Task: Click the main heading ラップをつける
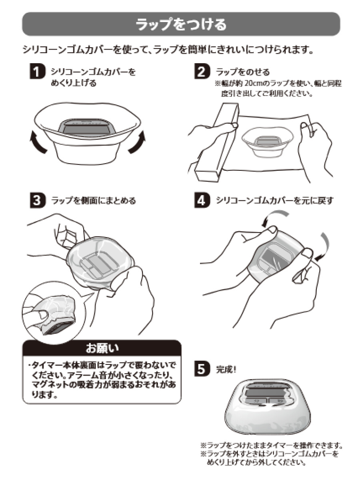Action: [181, 24]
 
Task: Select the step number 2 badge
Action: [201, 72]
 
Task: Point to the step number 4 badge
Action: [201, 200]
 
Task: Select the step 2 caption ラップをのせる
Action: [243, 72]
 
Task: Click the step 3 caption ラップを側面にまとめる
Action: [93, 200]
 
